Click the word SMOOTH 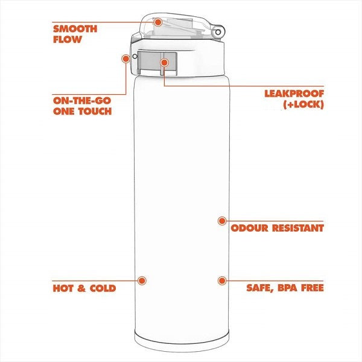[75, 29]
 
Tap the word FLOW [68, 39]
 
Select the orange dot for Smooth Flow [158, 22]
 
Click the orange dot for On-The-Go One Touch [125, 59]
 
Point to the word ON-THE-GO [82, 101]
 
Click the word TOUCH [95, 111]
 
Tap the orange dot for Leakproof [164, 63]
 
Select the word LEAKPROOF [294, 94]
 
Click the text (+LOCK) [303, 104]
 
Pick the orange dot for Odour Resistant [222, 221]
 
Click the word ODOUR [250, 228]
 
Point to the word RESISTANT [298, 228]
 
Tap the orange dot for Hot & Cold [142, 281]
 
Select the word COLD [103, 288]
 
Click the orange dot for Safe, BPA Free [222, 281]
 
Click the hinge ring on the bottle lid [218, 32]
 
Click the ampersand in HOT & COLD [81, 288]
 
